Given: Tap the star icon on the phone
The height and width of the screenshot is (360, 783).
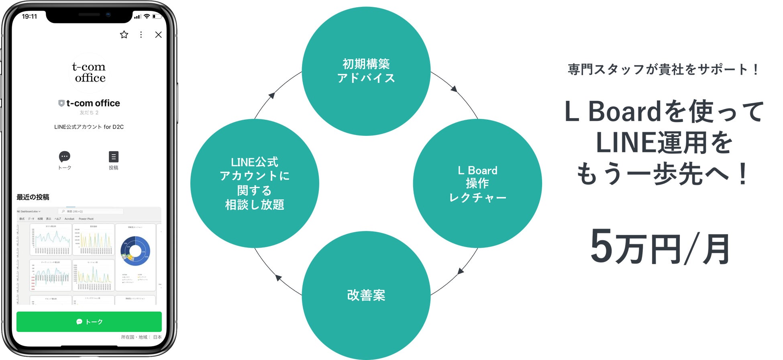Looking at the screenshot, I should tap(124, 35).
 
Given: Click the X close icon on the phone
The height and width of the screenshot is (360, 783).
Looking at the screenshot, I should tap(159, 35).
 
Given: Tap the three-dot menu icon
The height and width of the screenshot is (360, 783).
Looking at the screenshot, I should tap(141, 35).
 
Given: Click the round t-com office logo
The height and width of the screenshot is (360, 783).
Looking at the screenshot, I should tap(89, 73).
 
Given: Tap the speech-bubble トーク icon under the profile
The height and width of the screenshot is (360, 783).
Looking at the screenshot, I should tap(65, 156).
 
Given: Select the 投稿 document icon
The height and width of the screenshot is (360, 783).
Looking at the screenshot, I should tap(114, 156).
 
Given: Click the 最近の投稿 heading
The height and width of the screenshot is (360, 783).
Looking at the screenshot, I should tap(33, 197).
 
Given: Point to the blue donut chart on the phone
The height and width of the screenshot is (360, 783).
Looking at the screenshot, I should tap(135, 251).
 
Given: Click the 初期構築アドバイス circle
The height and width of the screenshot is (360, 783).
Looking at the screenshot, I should tap(366, 71).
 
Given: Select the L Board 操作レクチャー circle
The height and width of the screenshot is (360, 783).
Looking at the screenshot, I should tap(477, 183).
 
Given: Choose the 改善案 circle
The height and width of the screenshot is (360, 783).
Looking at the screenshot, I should tap(366, 295).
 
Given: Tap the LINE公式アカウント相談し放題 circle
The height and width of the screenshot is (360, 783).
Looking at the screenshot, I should tap(255, 183).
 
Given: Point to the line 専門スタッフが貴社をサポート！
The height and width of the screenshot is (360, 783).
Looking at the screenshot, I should tap(663, 70).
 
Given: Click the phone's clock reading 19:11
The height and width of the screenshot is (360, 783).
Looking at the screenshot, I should tap(29, 16).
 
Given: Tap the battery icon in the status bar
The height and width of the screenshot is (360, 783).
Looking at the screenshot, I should tap(157, 16).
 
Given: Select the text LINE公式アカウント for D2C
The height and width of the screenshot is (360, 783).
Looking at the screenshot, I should tap(89, 127).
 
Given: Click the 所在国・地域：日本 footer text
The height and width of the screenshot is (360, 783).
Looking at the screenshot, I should tap(141, 337).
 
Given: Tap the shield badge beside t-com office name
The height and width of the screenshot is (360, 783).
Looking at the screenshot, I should tap(61, 103).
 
